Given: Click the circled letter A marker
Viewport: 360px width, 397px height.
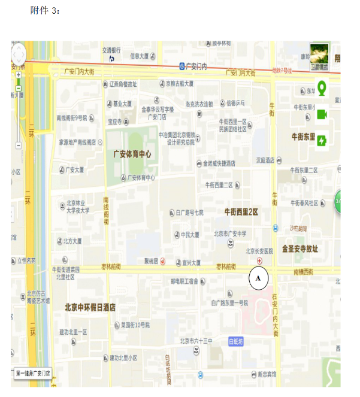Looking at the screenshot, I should click(x=259, y=278).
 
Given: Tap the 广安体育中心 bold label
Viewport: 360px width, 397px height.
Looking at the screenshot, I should click(x=132, y=154).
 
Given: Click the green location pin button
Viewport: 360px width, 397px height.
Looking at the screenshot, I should click(x=322, y=89).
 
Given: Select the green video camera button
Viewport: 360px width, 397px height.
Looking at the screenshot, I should click(x=322, y=114).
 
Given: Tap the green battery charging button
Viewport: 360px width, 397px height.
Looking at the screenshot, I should click(x=322, y=140).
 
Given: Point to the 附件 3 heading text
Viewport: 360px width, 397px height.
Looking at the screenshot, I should click(x=45, y=11).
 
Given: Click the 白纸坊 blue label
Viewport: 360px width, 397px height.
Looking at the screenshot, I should click(x=237, y=341).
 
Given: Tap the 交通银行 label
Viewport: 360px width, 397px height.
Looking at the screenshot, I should click(x=112, y=50).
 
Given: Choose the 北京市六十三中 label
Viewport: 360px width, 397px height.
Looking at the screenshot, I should click(x=196, y=341).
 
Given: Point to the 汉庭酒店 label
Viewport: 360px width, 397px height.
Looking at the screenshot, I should click(x=265, y=160).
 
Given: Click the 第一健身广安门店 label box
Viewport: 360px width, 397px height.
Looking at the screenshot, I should click(x=34, y=373).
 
